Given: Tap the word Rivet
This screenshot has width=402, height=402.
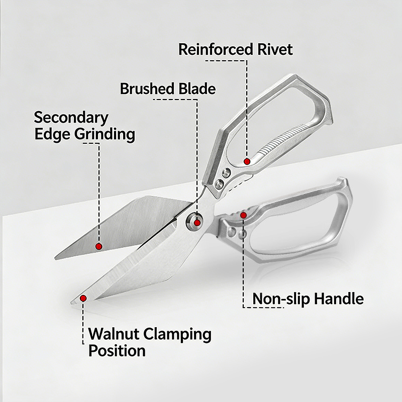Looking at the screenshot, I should (x=274, y=50).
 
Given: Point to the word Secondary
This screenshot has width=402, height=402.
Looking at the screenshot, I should (x=71, y=118).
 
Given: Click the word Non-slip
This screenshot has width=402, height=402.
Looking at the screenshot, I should (x=281, y=299).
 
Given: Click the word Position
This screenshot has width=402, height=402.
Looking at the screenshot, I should (x=117, y=350).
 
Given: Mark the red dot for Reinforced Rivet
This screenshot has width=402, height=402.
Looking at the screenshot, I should (x=247, y=161).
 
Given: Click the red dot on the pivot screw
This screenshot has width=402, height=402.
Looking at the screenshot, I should (x=197, y=223).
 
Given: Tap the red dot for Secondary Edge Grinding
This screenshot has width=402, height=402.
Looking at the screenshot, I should (x=99, y=246).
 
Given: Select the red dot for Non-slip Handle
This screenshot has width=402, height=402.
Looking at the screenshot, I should (x=244, y=215).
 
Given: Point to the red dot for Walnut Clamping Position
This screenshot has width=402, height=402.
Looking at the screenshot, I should (x=83, y=298).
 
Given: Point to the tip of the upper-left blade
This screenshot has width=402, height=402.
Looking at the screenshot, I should (x=56, y=257).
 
